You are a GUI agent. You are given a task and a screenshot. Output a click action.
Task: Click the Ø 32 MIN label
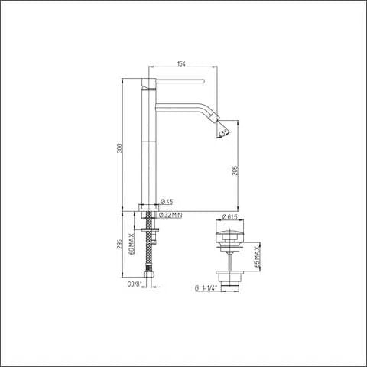[x=171, y=216]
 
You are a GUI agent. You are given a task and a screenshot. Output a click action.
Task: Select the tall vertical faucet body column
[x=148, y=145]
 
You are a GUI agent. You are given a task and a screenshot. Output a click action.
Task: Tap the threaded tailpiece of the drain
[x=229, y=280]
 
